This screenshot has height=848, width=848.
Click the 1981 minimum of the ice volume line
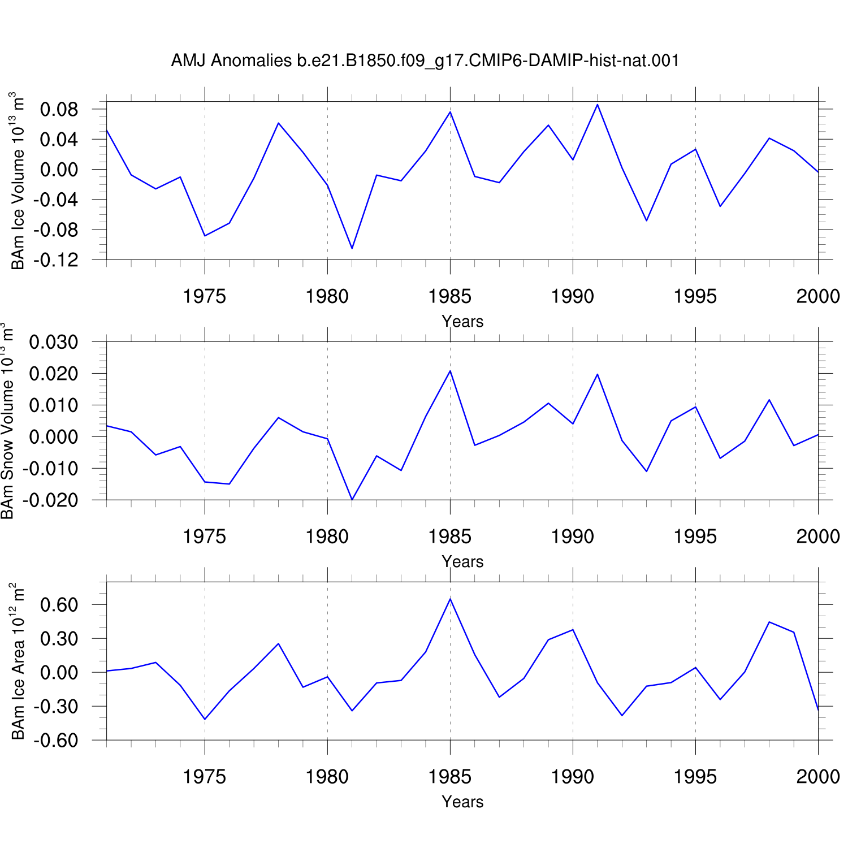pos(352,248)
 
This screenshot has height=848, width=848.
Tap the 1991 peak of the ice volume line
pos(597,105)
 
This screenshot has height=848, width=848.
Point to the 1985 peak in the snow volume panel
pos(450,371)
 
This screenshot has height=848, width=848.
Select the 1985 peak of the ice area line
pos(450,599)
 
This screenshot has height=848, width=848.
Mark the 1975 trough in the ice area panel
pos(205,719)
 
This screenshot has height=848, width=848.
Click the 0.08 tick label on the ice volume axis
pos(59,109)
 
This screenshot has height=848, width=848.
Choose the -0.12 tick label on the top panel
pos(55,260)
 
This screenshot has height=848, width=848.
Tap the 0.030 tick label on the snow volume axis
pos(54,342)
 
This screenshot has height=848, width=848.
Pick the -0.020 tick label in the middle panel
pos(50,500)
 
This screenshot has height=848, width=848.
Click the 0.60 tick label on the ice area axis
pos(59,605)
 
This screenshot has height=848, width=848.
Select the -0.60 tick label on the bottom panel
pos(55,741)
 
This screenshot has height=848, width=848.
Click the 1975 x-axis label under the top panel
pos(205,296)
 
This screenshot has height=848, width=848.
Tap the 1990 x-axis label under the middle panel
pos(573,537)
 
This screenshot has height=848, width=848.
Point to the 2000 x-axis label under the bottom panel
pos(818,777)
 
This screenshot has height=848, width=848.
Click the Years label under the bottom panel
pos(462,802)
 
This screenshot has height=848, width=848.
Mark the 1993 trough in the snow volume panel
pos(646,471)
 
